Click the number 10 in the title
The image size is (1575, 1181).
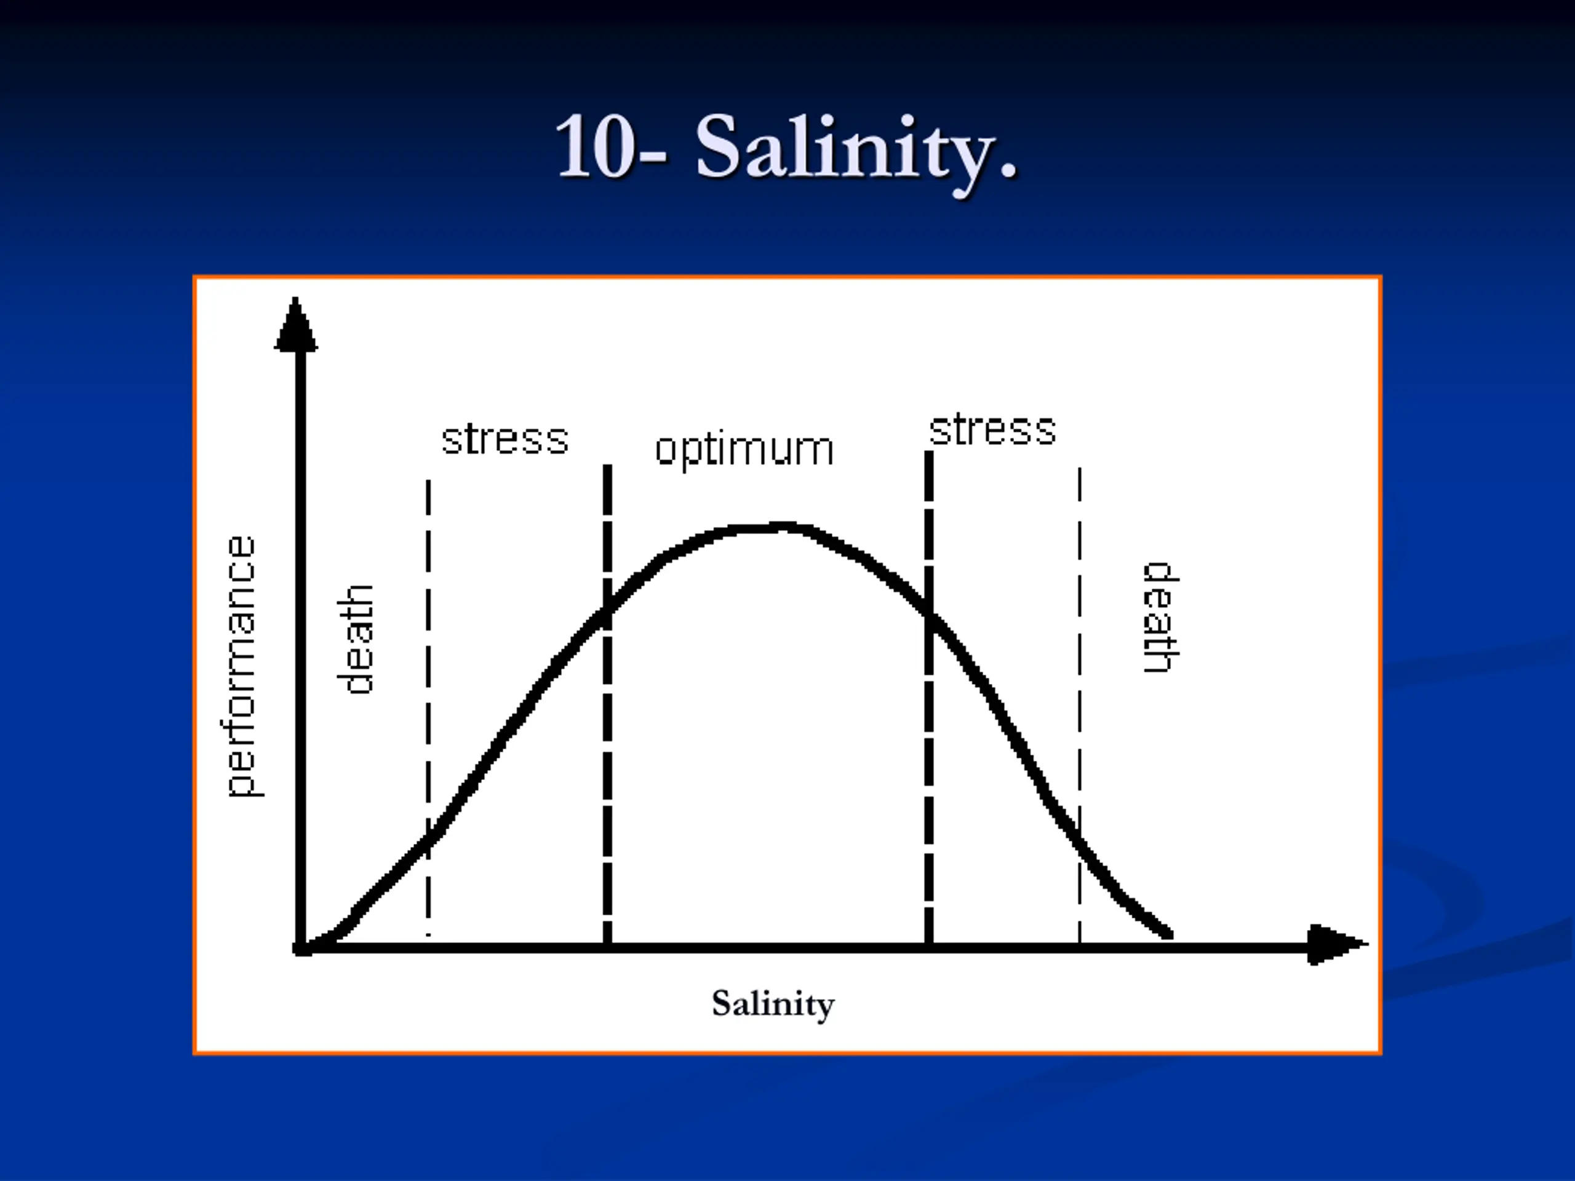[594, 146]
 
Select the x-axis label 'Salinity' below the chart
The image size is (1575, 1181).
[773, 1004]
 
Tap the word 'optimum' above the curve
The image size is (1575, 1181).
[744, 450]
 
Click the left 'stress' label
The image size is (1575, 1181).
[505, 439]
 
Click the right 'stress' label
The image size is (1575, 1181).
[992, 430]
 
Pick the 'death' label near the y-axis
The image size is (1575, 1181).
[354, 639]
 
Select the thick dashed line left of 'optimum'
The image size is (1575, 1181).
[607, 705]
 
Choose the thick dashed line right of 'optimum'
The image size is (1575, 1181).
[928, 698]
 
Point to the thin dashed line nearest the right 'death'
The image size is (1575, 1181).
[1080, 706]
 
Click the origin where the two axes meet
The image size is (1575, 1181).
[301, 947]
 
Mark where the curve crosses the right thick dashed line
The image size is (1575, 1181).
[928, 614]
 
